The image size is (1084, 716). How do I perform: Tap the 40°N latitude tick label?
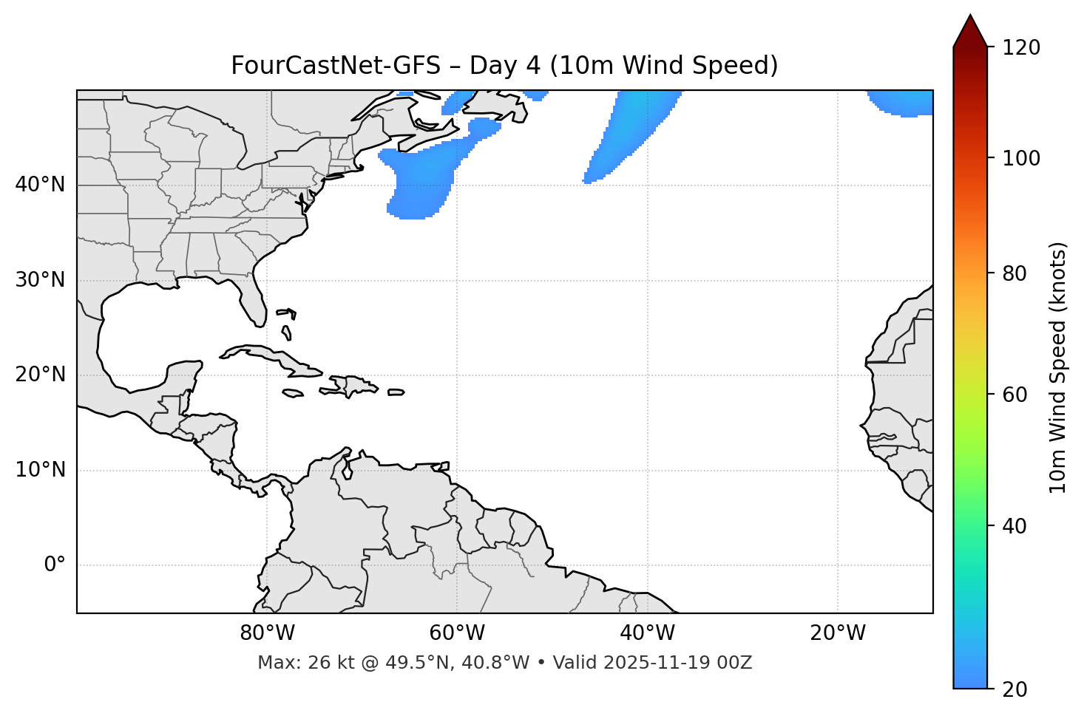40,185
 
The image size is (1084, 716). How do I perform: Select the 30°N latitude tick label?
40,280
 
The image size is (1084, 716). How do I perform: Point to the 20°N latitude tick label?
40,375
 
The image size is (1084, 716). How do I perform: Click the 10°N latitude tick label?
40,470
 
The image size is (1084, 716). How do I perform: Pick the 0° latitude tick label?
55,565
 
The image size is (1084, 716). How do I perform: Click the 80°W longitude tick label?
267,633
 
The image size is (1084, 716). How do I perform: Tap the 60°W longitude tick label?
457,633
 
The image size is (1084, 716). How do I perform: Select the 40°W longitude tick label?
647,633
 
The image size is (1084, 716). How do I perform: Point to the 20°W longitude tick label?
838,633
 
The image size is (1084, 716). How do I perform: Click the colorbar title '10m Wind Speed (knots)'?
1058,367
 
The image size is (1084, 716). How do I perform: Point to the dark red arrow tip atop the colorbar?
970,30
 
